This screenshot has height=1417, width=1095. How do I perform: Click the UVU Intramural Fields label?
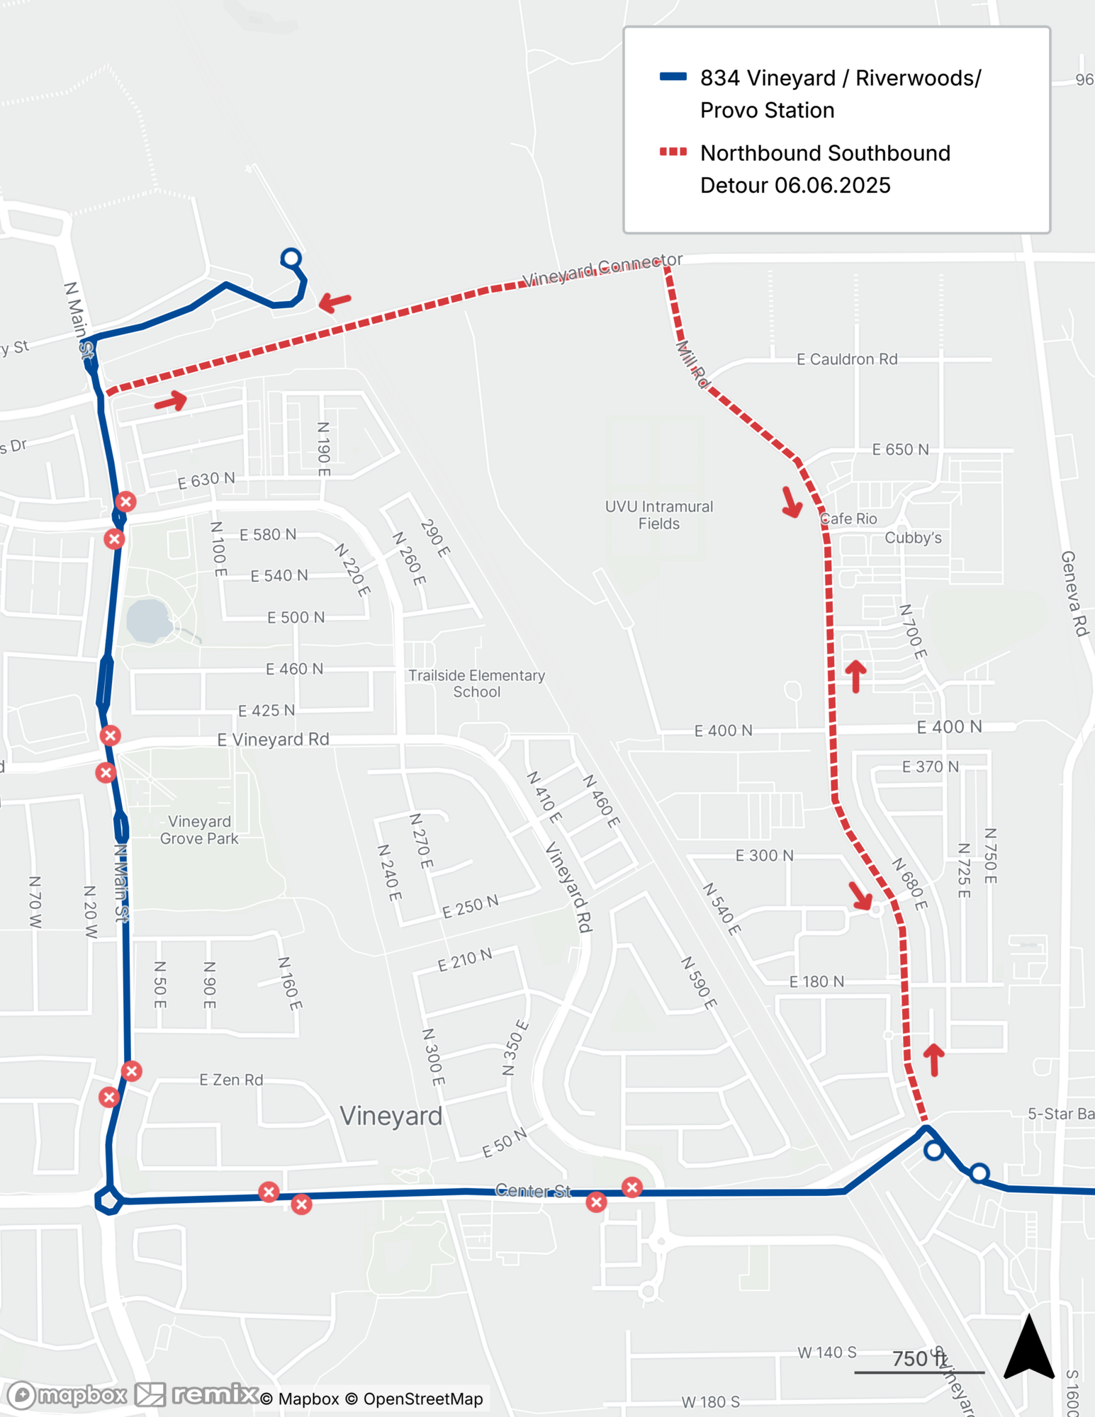tap(658, 515)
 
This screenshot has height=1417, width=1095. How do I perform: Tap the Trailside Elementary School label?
tap(476, 684)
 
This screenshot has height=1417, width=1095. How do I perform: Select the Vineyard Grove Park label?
tap(199, 830)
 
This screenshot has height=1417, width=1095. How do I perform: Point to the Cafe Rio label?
tap(849, 519)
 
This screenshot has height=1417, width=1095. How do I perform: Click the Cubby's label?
tap(913, 538)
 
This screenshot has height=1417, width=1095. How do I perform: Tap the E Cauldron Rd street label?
tap(847, 359)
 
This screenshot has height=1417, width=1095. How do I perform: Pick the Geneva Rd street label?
tap(1074, 594)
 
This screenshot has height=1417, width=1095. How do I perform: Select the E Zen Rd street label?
tap(231, 1080)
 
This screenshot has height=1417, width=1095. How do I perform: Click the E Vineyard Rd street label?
tap(273, 740)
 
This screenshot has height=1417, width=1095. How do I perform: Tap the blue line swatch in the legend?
tap(673, 77)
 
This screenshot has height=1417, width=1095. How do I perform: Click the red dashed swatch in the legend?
tap(673, 152)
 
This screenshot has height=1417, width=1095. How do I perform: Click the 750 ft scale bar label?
tap(919, 1358)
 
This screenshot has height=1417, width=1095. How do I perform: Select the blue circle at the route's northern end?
tap(291, 258)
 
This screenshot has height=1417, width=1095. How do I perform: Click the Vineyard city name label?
tap(391, 1116)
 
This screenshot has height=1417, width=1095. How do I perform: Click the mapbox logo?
tap(67, 1395)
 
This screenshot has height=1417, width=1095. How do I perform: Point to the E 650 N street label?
tap(900, 449)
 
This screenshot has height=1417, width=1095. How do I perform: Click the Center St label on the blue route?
tap(532, 1190)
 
